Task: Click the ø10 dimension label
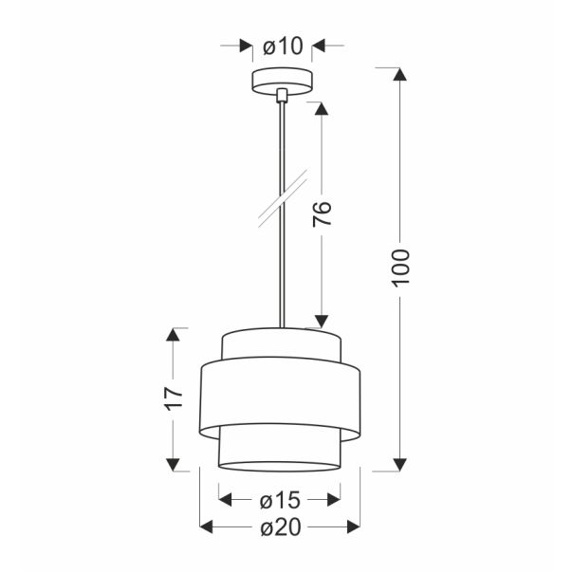click(281, 46)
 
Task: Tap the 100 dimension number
click(400, 268)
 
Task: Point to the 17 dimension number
click(173, 397)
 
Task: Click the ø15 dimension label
click(280, 498)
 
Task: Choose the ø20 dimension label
click(280, 527)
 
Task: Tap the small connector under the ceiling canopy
click(281, 96)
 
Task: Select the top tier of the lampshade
click(280, 344)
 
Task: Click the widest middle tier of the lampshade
click(280, 397)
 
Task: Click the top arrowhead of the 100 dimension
click(400, 77)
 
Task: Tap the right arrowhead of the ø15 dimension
click(332, 498)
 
